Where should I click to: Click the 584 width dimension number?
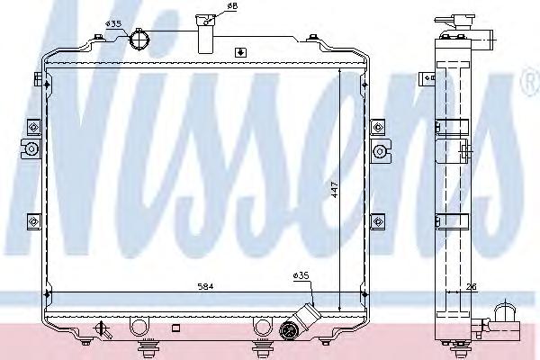point(205,286)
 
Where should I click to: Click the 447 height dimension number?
point(335,190)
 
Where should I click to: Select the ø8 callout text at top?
point(232,6)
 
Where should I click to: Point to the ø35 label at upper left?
point(113,23)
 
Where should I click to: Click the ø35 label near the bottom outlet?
point(301,275)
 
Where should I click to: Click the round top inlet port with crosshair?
point(139,40)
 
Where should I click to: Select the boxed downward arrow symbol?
point(240,53)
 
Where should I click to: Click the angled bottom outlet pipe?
point(307,316)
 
